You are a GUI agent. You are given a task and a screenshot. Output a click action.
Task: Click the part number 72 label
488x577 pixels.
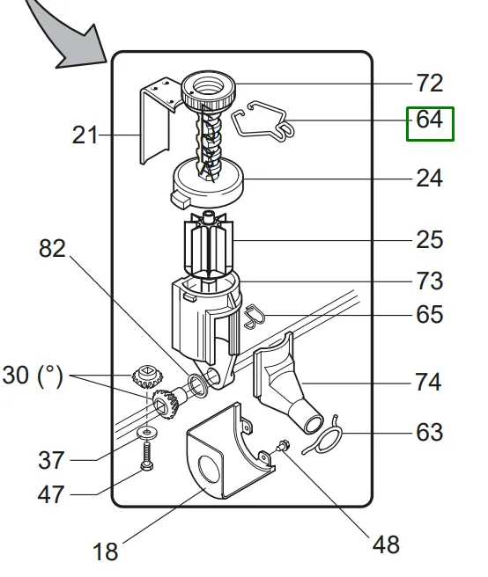(x=429, y=84)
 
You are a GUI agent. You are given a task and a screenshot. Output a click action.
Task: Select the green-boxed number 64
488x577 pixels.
(x=429, y=120)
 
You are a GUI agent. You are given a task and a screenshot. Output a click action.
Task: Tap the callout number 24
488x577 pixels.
(x=429, y=179)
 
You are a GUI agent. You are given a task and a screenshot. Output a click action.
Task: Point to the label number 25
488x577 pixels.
(x=429, y=240)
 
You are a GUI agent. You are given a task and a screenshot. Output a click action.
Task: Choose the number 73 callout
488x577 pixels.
(x=429, y=281)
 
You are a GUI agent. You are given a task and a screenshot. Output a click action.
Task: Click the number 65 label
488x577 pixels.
(x=429, y=315)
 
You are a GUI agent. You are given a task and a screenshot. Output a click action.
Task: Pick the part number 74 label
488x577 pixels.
(x=428, y=382)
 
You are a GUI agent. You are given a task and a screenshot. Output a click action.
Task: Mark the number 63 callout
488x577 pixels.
(x=429, y=433)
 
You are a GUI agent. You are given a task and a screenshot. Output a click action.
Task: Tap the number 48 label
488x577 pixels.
(x=386, y=544)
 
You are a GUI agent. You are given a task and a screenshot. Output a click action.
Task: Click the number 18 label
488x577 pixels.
(x=106, y=552)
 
